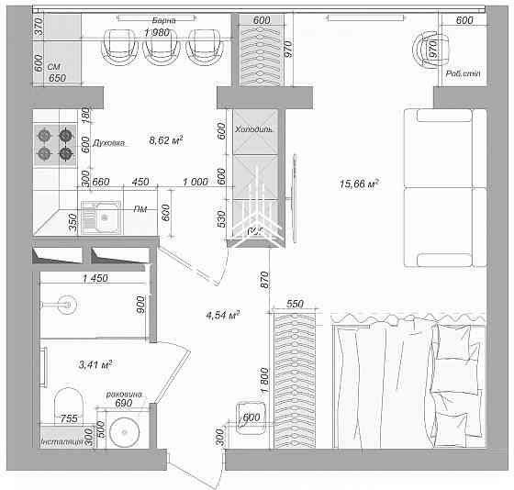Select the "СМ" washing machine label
coord(53,67)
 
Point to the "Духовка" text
coord(109,143)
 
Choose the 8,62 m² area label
coord(166,141)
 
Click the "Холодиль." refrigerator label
coord(255,131)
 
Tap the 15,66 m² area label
coord(359,184)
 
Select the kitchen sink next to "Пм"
coord(101,218)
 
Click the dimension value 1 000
coord(195,182)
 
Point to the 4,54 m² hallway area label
coord(223,316)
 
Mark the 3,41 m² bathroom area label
coord(95,364)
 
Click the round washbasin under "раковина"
coord(124,430)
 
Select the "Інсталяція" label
coord(61,443)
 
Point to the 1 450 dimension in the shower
coord(95,278)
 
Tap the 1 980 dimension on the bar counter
coord(158,33)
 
